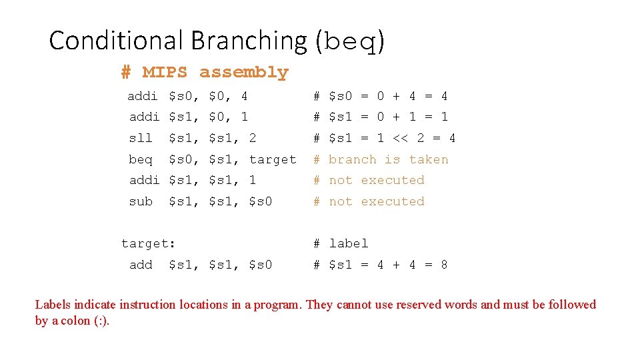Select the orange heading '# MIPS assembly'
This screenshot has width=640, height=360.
click(x=205, y=72)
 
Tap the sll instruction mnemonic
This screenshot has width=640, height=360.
click(x=140, y=138)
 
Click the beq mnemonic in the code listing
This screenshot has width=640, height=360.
click(x=140, y=159)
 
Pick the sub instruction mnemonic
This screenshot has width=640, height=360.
click(x=140, y=201)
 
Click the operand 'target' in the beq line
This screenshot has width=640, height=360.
click(x=272, y=159)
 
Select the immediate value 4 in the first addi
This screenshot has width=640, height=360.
click(x=244, y=96)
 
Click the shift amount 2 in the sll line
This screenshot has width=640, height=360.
click(x=252, y=138)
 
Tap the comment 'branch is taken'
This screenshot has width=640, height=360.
click(x=388, y=159)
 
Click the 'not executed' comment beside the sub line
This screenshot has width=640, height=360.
click(x=376, y=201)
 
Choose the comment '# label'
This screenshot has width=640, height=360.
click(x=341, y=243)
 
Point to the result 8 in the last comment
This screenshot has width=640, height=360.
click(x=444, y=265)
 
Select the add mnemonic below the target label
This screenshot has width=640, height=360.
click(x=140, y=265)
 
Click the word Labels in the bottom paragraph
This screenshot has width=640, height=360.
click(x=52, y=305)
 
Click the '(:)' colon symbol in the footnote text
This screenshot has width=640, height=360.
click(x=101, y=321)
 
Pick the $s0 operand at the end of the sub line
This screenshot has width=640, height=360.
click(x=260, y=201)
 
